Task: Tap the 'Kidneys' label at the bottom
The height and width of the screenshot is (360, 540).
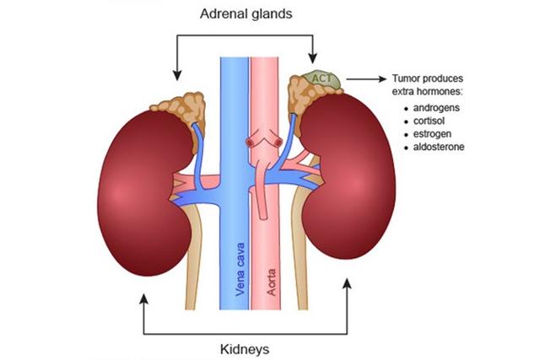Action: click(246, 346)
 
